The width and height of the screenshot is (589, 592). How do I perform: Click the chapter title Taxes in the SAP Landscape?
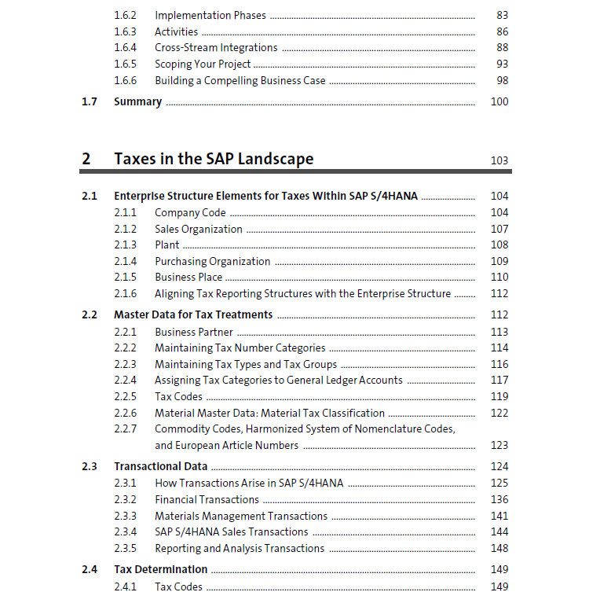(x=214, y=159)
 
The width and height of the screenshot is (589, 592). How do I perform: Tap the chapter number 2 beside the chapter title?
(x=86, y=159)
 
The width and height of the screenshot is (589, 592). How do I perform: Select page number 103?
(x=499, y=160)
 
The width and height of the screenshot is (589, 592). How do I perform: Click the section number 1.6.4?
(x=125, y=48)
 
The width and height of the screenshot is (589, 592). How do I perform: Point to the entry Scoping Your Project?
(x=203, y=64)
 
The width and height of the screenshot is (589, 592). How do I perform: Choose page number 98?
(x=503, y=80)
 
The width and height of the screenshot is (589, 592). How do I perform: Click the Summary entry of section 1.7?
(x=137, y=101)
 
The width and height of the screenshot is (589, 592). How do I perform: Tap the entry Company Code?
(x=190, y=213)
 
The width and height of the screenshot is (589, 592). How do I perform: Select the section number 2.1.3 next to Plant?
(x=125, y=245)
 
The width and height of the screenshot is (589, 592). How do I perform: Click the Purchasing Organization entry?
(x=212, y=261)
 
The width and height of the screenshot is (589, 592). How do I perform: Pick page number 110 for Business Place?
(x=499, y=278)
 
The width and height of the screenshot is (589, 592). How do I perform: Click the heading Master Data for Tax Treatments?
(x=193, y=314)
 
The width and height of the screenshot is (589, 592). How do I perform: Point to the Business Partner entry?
(x=194, y=332)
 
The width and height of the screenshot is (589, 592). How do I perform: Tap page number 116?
(x=499, y=364)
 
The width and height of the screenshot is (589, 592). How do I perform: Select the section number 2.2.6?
(x=125, y=413)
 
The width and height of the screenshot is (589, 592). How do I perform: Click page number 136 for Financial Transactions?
(x=499, y=499)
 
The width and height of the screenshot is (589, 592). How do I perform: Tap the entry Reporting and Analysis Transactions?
(x=240, y=548)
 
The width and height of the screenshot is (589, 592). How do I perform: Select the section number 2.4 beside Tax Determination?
(x=90, y=569)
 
